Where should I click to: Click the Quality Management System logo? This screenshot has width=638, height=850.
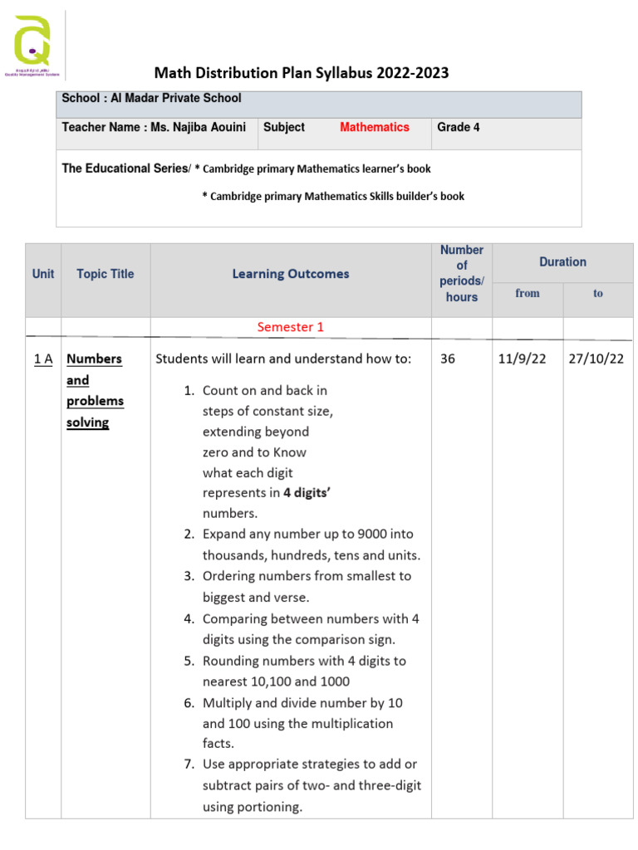(33, 46)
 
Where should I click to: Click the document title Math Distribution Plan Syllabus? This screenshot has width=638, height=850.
(301, 73)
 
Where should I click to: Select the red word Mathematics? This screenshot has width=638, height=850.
(374, 127)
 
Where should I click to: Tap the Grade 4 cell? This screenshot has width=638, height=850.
(459, 127)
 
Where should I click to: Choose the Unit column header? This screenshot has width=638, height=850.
(43, 274)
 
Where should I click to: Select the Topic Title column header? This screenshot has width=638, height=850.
(105, 274)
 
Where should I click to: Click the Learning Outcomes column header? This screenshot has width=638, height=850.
(291, 274)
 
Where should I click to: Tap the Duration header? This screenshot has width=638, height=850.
(562, 262)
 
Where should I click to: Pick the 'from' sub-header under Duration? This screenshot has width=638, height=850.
(528, 293)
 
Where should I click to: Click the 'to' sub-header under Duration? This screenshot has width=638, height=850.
(598, 293)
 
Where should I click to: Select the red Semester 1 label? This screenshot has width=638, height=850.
(291, 327)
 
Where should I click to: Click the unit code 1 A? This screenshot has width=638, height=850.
(43, 359)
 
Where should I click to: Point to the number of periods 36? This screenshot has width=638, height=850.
(448, 359)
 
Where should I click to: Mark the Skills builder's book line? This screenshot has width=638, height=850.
(333, 197)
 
